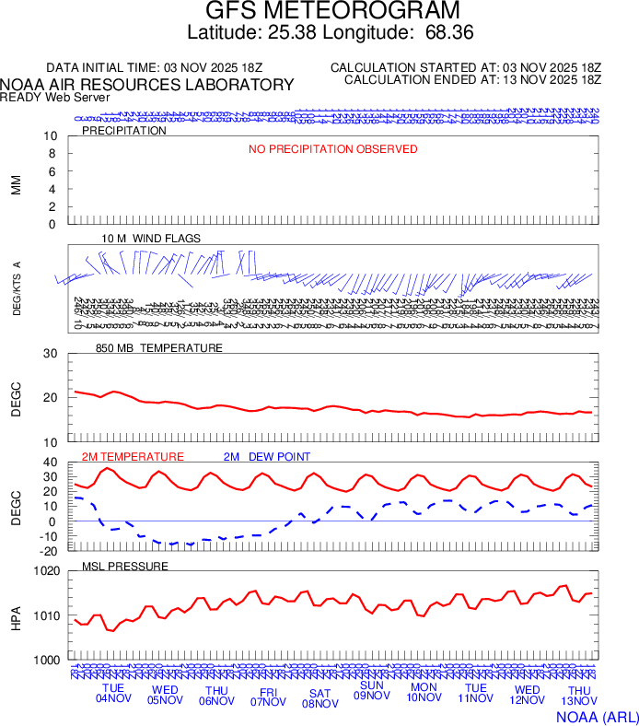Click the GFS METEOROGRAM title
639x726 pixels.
pos(332,12)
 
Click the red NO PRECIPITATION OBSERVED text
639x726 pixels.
pos(332,149)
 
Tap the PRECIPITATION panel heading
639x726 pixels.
pos(124,131)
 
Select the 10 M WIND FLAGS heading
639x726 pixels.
pos(151,239)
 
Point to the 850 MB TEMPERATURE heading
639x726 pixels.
pos(159,348)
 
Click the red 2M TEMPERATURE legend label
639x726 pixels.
pos(133,457)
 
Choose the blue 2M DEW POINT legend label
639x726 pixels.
pos(267,457)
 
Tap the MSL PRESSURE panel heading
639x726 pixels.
pos(125,566)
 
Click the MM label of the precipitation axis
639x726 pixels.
pos(16,185)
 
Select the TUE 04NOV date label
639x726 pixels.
pos(113,694)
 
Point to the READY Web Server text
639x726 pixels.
pos(55,97)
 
